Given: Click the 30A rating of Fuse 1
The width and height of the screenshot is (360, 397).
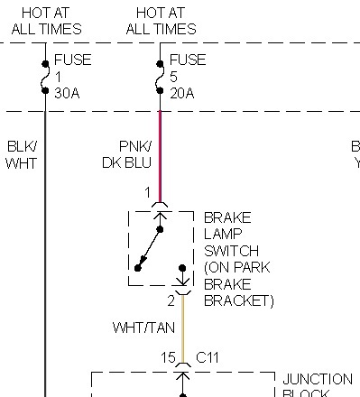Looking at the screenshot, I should pyautogui.click(x=67, y=92).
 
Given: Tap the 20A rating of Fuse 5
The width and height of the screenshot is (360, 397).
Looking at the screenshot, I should pyautogui.click(x=182, y=92).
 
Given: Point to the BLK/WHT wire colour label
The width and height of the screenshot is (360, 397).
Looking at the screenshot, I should pyautogui.click(x=21, y=154).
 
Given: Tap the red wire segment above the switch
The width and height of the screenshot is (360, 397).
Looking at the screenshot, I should pyautogui.click(x=160, y=153).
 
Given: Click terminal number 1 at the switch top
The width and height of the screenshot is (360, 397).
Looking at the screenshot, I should pyautogui.click(x=147, y=192).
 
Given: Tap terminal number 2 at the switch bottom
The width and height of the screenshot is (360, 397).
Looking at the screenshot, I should pyautogui.click(x=171, y=300).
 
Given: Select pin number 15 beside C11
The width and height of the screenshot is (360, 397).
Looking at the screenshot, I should pyautogui.click(x=168, y=358).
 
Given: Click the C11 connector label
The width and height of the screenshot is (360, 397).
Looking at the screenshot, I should pyautogui.click(x=208, y=358).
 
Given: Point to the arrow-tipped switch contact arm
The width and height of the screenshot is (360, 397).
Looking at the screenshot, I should pyautogui.click(x=150, y=248).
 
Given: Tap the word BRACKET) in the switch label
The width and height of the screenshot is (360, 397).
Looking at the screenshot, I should pyautogui.click(x=238, y=300).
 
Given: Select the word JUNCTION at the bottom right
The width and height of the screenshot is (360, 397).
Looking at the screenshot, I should pyautogui.click(x=317, y=379).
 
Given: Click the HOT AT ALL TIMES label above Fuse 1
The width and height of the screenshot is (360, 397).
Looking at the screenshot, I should pyautogui.click(x=46, y=20).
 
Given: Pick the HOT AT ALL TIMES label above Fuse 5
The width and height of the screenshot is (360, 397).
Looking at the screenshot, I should pyautogui.click(x=161, y=20).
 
